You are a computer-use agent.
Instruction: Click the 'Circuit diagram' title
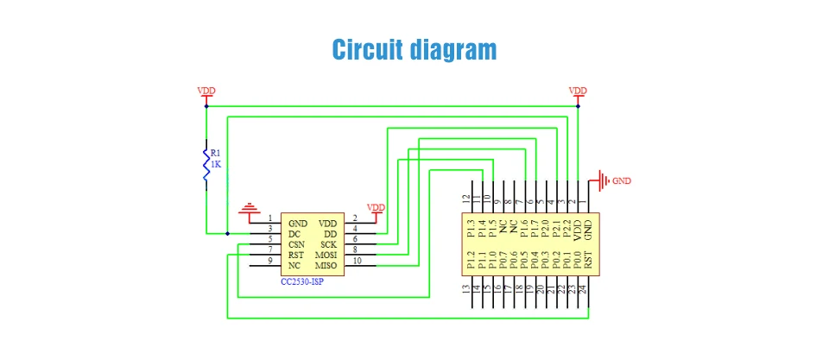[414, 48]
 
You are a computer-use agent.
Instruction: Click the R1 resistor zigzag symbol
[206, 164]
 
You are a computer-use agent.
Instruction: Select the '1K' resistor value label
[216, 163]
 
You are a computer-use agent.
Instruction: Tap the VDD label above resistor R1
[206, 91]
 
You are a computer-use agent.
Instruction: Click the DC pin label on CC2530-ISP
[294, 234]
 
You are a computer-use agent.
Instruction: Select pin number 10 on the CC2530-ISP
[357, 261]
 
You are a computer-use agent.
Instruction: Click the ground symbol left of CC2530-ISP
[250, 209]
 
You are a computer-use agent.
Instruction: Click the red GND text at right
[622, 182]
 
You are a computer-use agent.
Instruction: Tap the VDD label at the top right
[578, 91]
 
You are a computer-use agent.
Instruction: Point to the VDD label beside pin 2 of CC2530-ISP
[377, 207]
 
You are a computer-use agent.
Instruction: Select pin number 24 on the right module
[584, 289]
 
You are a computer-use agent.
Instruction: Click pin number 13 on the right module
[467, 289]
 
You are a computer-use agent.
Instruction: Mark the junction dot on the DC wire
[227, 234]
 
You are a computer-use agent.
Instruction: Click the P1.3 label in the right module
[471, 228]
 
